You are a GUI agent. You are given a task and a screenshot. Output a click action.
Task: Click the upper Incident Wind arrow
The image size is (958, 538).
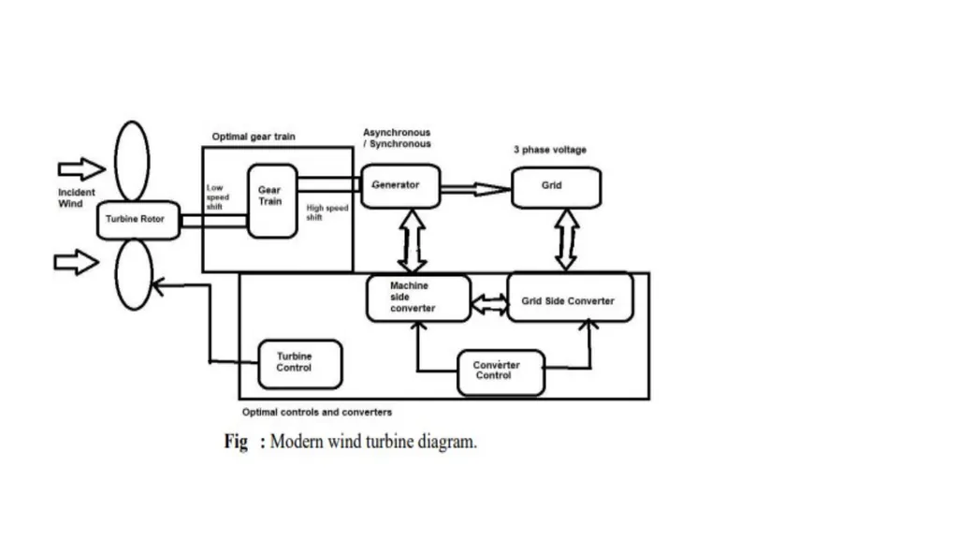pyautogui.click(x=81, y=168)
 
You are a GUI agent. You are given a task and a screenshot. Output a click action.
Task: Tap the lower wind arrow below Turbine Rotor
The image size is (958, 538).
pyautogui.click(x=77, y=262)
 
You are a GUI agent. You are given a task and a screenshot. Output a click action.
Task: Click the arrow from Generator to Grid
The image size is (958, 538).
pyautogui.click(x=476, y=190)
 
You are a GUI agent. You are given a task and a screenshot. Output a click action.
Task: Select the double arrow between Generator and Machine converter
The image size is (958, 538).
pyautogui.click(x=413, y=240)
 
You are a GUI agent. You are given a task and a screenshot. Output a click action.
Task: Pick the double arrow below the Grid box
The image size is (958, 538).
pyautogui.click(x=566, y=240)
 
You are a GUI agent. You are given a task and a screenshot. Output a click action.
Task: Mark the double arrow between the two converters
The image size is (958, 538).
pyautogui.click(x=490, y=304)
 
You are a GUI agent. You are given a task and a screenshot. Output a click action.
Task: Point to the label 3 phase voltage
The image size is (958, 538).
pyautogui.click(x=550, y=150)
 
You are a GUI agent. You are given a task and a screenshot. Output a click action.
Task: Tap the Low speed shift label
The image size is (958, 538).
pyautogui.click(x=217, y=196)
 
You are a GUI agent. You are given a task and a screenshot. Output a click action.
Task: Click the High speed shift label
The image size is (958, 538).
pyautogui.click(x=327, y=212)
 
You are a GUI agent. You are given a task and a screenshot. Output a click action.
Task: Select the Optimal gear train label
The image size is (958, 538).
pyautogui.click(x=254, y=137)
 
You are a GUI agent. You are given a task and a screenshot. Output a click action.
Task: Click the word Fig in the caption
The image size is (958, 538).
pyautogui.click(x=236, y=442)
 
